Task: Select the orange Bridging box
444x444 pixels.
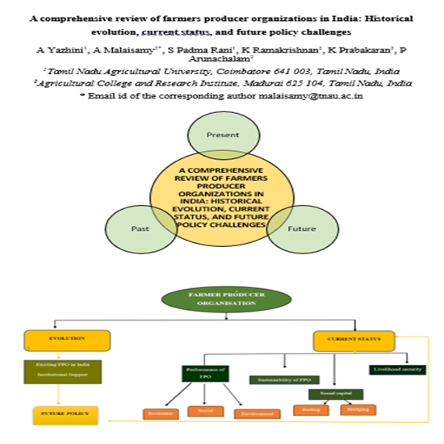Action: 357,410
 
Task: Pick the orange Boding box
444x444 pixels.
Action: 308,410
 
